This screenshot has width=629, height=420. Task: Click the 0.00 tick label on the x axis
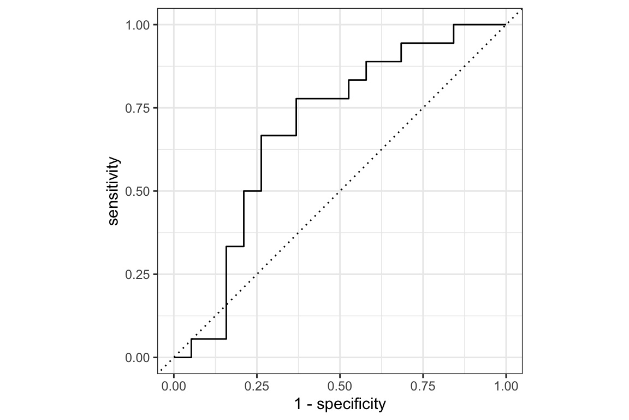[174, 386]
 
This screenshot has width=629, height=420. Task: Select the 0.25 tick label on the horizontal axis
[257, 386]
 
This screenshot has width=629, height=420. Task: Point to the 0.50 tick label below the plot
[340, 386]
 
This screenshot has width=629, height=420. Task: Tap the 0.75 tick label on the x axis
[423, 386]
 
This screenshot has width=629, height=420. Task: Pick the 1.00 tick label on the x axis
[506, 386]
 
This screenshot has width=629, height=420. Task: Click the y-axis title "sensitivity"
[113, 191]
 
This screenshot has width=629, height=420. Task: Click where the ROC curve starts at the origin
[174, 357]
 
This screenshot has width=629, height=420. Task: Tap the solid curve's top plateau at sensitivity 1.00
[479, 25]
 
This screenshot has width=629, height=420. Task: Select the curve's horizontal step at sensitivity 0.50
[252, 191]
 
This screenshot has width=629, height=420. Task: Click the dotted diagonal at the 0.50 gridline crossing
[340, 191]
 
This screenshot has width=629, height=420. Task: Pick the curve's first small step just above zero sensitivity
[209, 339]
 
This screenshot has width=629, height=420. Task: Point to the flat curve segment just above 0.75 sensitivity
[322, 98]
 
